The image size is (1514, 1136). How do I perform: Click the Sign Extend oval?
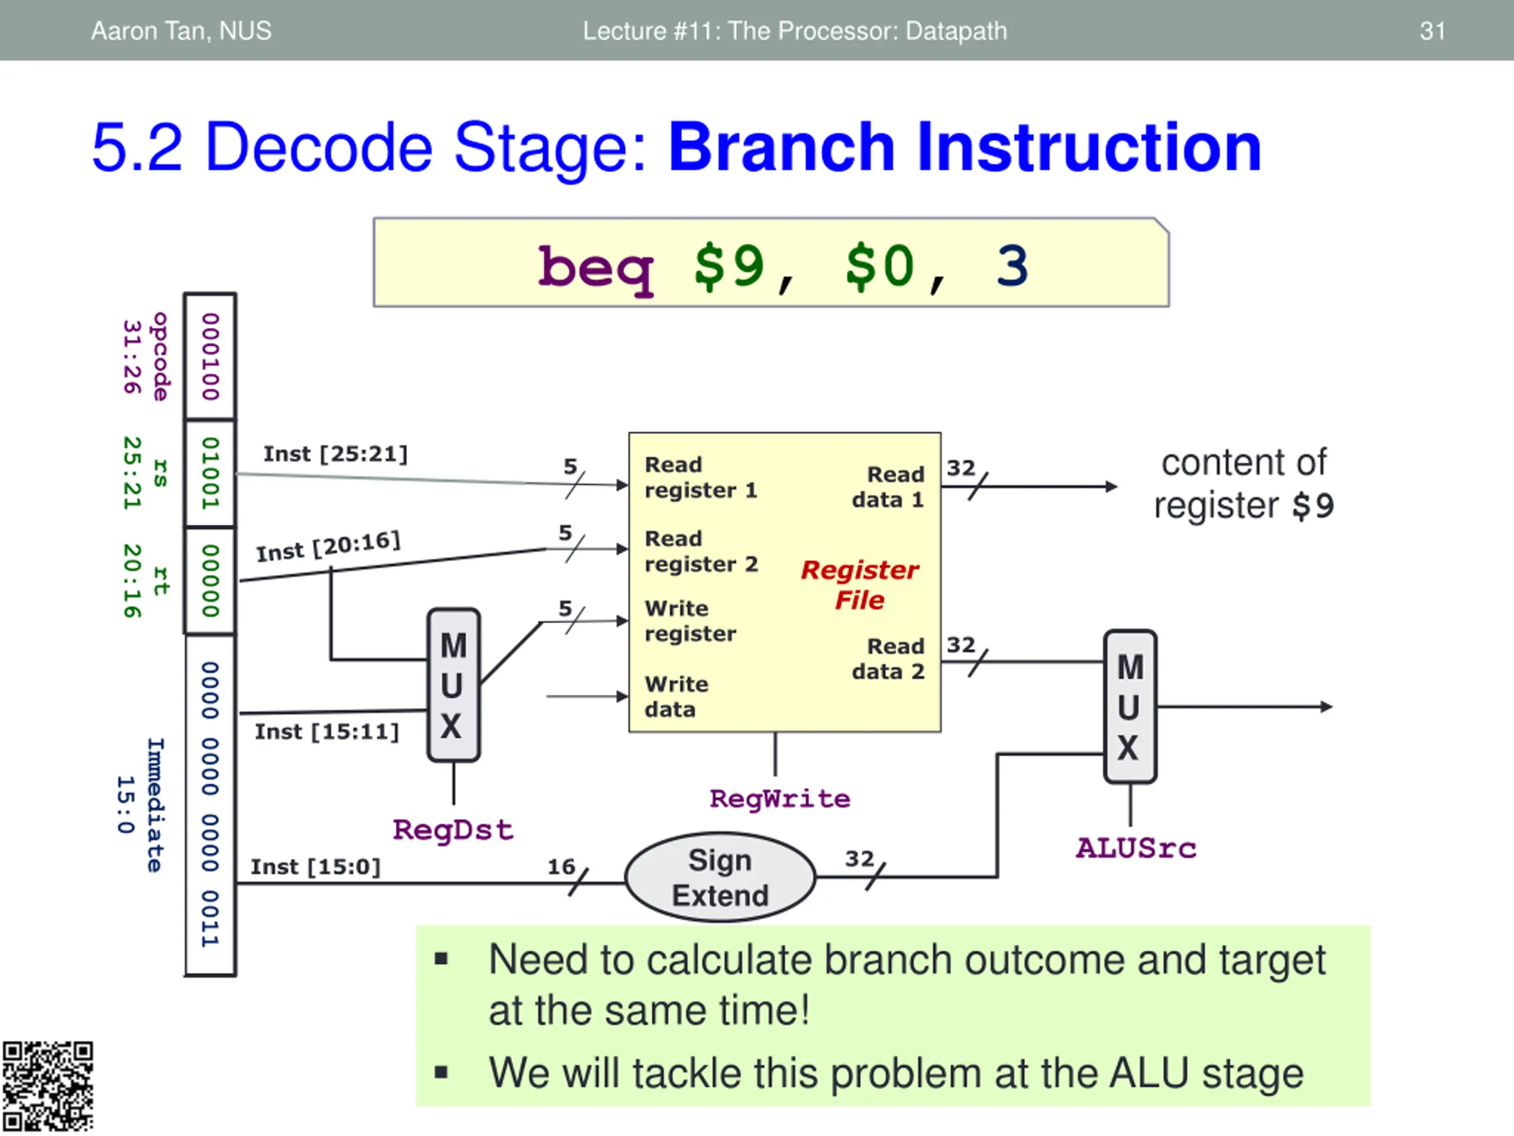coord(720,877)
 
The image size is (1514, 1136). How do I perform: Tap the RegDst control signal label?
coord(452,830)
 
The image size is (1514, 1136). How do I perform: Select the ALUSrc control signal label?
coord(1135,848)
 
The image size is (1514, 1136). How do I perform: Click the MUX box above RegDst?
coord(453,685)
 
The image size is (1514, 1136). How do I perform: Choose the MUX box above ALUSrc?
coord(1130,706)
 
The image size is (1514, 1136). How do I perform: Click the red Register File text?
coord(860,585)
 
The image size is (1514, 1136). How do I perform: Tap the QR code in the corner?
coord(47,1087)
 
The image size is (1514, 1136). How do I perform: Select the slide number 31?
coord(1432,31)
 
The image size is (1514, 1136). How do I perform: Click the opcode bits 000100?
coord(210,357)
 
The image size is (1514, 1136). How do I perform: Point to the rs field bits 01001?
coord(210,473)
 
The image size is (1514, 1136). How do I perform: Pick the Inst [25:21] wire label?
coord(335,454)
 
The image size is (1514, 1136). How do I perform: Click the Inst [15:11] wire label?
coord(326,732)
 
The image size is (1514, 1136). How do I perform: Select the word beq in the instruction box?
coord(596,267)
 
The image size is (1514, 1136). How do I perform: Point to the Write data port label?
coord(676,696)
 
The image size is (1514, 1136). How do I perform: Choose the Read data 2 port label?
coord(888,659)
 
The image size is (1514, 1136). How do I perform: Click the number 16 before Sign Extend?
coord(561,867)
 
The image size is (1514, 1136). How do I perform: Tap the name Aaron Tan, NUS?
coord(182,31)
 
